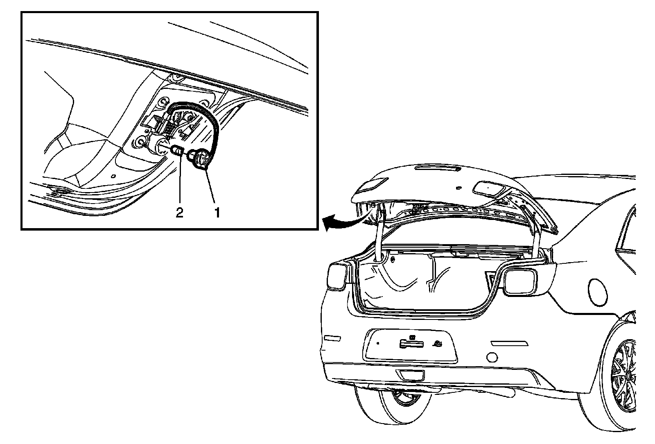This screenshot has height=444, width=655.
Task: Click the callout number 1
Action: tap(217, 213)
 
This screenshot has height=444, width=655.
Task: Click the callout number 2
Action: tap(179, 213)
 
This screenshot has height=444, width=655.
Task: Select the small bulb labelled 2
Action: tap(178, 151)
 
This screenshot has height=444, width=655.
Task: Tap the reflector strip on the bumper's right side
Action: tap(507, 342)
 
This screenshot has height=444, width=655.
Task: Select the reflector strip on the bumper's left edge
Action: tap(332, 338)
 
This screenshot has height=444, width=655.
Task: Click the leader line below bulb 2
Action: tap(180, 182)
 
